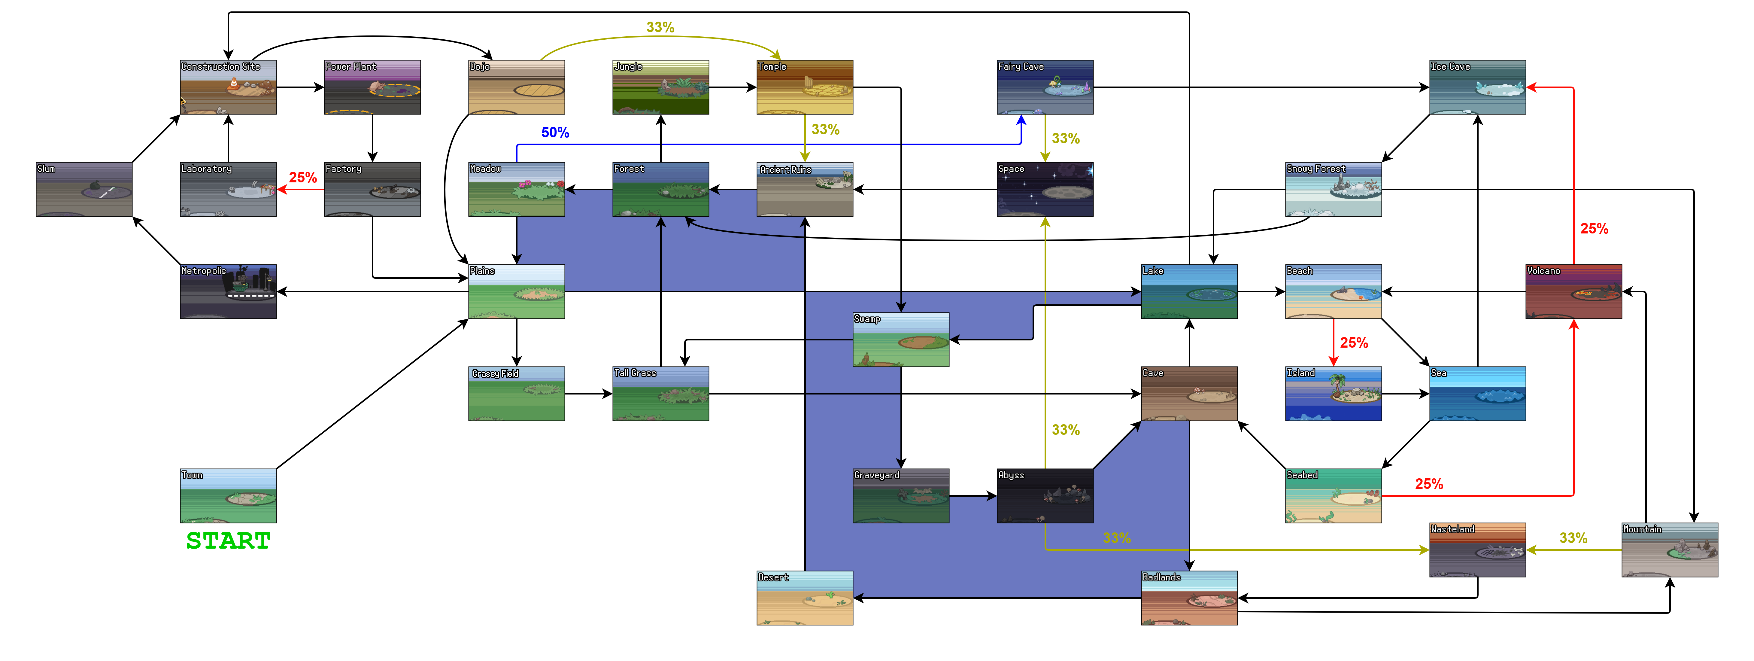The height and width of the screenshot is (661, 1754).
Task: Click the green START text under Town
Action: pyautogui.click(x=228, y=541)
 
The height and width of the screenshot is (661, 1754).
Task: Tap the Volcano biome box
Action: pyautogui.click(x=1573, y=292)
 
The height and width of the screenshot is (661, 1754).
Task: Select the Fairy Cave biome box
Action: pyautogui.click(x=1045, y=87)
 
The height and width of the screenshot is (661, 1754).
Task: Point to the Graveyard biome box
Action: pyautogui.click(x=901, y=495)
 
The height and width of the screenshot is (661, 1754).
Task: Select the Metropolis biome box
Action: pyautogui.click(x=228, y=292)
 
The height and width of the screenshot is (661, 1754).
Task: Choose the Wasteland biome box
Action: pyautogui.click(x=1477, y=550)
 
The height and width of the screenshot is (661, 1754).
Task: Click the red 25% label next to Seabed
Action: pyautogui.click(x=1428, y=484)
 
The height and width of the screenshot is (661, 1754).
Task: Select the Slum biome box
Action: pyautogui.click(x=84, y=190)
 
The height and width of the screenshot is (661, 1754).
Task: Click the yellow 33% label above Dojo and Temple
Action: pyautogui.click(x=660, y=27)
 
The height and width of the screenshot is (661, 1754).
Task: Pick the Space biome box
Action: pyautogui.click(x=1045, y=190)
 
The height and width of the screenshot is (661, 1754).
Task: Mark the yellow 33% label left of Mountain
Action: pyautogui.click(x=1573, y=538)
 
